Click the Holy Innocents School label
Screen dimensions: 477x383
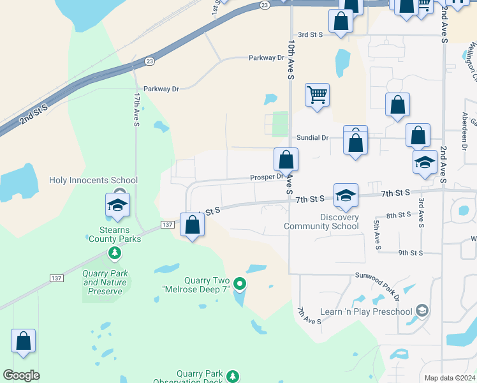pos(89,181)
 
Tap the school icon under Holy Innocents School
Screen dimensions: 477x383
pos(117,204)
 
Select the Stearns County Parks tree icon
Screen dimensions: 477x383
pos(115,253)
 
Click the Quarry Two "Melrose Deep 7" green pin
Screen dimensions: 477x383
pos(240,283)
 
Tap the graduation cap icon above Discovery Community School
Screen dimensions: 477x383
pos(346,195)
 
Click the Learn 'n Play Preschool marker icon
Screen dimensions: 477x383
pos(422,311)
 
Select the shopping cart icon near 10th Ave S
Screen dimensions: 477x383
pos(317,95)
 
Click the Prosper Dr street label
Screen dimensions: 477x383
pos(267,176)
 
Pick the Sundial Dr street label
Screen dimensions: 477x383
pos(312,138)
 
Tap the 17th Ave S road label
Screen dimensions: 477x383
pos(136,109)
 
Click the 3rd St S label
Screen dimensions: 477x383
pos(312,35)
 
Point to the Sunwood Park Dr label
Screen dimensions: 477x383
pos(378,287)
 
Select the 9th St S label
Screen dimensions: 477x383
pos(411,253)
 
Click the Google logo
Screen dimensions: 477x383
pos(21,375)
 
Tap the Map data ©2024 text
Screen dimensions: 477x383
pos(449,378)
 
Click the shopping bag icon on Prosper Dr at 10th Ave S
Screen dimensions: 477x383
pos(286,159)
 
